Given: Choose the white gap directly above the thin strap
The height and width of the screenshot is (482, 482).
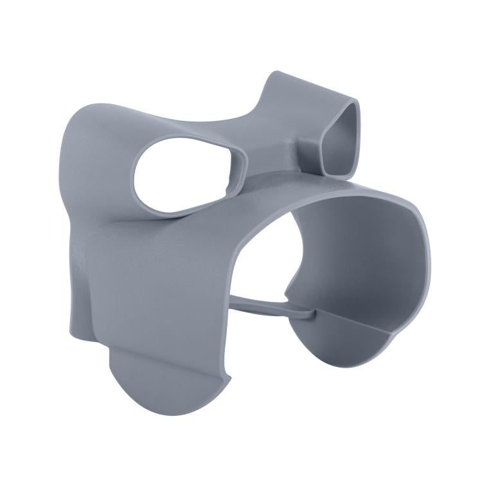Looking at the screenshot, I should point(263,270).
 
